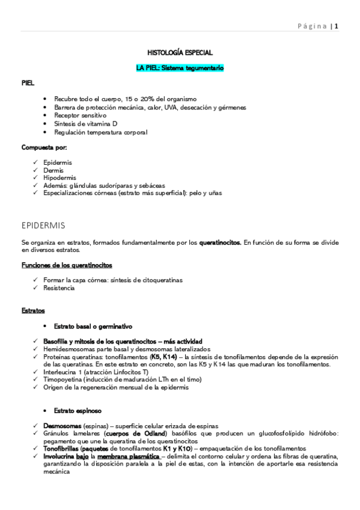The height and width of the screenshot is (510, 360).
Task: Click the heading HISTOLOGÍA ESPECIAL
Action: pyautogui.click(x=180, y=53)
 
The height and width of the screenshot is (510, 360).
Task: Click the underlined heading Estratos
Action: pyautogui.click(x=32, y=310)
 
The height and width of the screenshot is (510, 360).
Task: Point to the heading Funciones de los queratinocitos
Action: pyautogui.click(x=66, y=265)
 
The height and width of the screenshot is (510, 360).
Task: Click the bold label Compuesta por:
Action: pyautogui.click(x=44, y=147)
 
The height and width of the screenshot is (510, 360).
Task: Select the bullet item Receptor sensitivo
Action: pyautogui.click(x=80, y=115)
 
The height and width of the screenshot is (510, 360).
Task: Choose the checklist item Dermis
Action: pyautogui.click(x=53, y=170)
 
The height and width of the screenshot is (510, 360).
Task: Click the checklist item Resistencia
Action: pyautogui.click(x=59, y=288)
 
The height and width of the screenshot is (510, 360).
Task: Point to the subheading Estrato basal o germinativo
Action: pyautogui.click(x=93, y=326)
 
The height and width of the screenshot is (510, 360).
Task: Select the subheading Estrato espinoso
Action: pyautogui.click(x=78, y=411)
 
